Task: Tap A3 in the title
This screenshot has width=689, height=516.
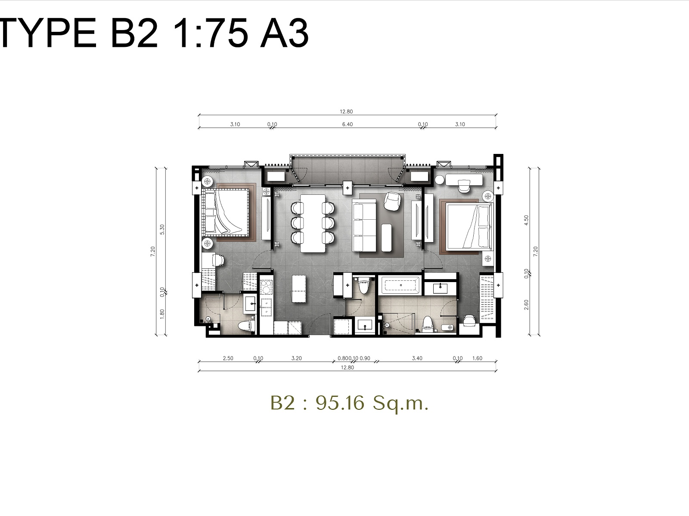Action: pyautogui.click(x=284, y=33)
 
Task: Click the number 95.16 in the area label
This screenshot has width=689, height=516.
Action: pyautogui.click(x=340, y=403)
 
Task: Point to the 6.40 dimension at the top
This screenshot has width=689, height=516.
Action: pyautogui.click(x=347, y=124)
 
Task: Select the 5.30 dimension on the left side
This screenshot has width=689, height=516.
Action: pyautogui.click(x=162, y=229)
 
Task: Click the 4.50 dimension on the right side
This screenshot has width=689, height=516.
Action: pyautogui.click(x=526, y=220)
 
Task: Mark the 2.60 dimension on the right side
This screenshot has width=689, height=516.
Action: pyautogui.click(x=526, y=304)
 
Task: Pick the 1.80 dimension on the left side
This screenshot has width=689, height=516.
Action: pyautogui.click(x=162, y=314)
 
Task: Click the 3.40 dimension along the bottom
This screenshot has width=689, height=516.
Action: pyautogui.click(x=417, y=358)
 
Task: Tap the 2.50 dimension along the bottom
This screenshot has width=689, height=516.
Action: pyautogui.click(x=228, y=358)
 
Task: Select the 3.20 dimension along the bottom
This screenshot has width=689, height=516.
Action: pyautogui.click(x=296, y=358)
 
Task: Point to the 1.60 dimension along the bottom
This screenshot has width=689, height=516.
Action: pyautogui.click(x=477, y=358)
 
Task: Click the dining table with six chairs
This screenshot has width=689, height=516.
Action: pyautogui.click(x=313, y=223)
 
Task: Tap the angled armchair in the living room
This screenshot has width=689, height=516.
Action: pyautogui.click(x=392, y=201)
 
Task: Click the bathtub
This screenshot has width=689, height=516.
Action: pyautogui.click(x=399, y=285)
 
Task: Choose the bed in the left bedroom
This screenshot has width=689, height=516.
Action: pyautogui.click(x=225, y=212)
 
